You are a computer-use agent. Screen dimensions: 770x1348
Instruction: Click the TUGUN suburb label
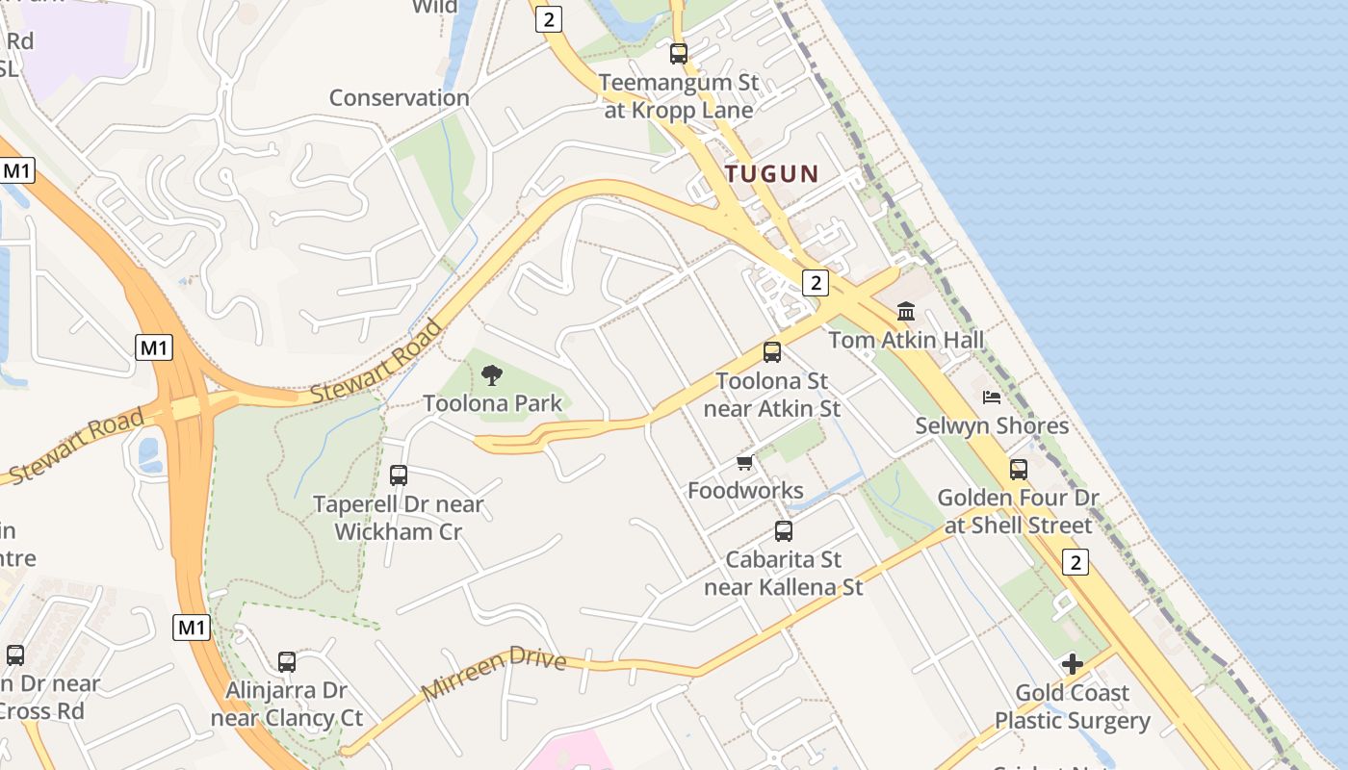click(771, 174)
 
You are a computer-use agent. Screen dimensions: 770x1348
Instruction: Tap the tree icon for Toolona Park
click(492, 375)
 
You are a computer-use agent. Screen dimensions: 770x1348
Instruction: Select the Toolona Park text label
click(492, 403)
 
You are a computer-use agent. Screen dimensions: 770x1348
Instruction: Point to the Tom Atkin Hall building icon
click(906, 312)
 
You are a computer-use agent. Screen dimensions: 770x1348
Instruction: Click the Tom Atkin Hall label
click(906, 340)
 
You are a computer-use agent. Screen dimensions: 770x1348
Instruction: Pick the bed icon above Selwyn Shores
click(992, 397)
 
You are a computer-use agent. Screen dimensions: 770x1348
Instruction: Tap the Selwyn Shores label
click(992, 425)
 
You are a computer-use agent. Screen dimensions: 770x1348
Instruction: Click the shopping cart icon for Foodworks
click(744, 463)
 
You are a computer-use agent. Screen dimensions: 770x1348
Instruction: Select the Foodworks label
click(745, 491)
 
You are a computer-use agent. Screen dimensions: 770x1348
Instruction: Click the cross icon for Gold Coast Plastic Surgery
click(1072, 664)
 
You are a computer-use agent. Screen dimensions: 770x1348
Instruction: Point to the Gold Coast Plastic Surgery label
click(1073, 706)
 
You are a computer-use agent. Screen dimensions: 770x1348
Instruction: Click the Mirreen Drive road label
click(493, 675)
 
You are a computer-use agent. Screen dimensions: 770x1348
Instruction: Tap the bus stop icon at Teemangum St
click(679, 54)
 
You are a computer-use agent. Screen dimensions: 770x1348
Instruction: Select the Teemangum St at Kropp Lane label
click(679, 96)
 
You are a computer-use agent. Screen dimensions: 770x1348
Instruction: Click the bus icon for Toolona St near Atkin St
click(772, 352)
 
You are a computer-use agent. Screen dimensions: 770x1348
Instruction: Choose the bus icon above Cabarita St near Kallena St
click(784, 531)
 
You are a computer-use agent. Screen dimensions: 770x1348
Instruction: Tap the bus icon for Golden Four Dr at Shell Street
click(1019, 470)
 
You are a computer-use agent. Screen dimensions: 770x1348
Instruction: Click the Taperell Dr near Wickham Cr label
click(399, 518)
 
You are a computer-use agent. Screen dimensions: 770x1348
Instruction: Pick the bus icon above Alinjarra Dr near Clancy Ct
click(287, 662)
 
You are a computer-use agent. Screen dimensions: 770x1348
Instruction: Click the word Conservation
click(400, 97)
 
